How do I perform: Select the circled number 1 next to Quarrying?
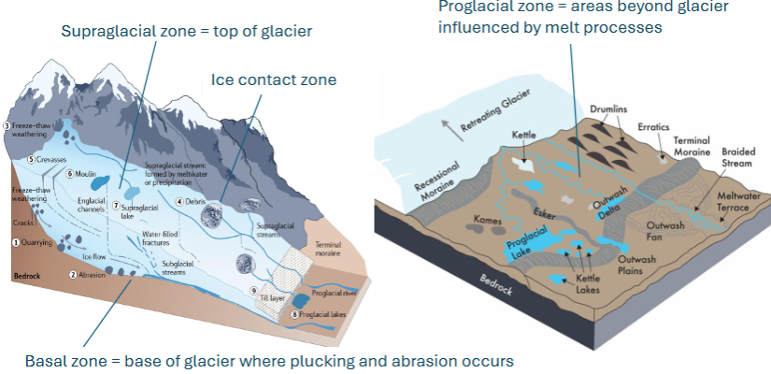tap(15, 241)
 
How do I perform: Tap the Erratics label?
tap(656, 125)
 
